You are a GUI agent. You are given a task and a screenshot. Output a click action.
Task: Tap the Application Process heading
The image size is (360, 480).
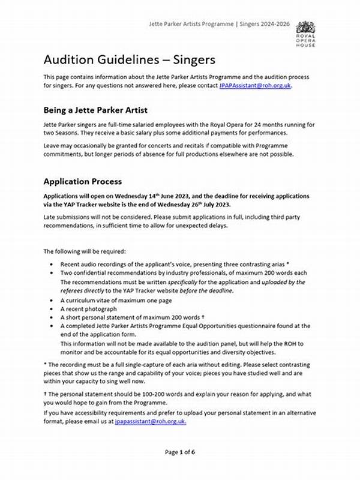[x=83, y=181]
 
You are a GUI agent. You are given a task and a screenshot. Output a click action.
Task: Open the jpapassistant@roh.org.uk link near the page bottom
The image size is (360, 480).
[x=150, y=421]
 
